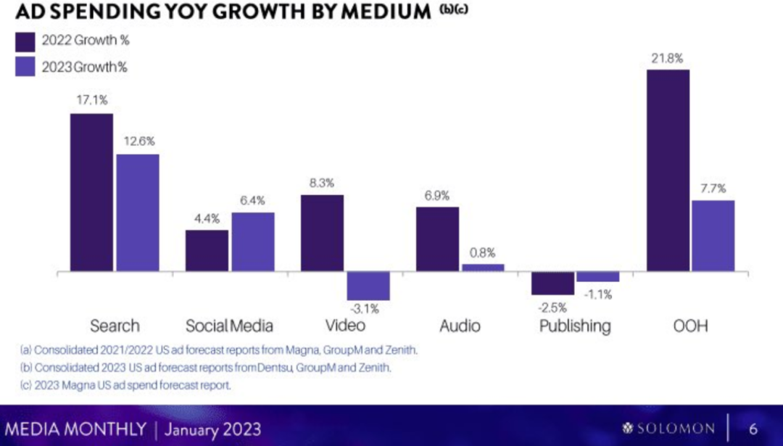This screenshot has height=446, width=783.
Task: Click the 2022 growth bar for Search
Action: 91,192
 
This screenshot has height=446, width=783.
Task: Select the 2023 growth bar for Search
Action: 138,212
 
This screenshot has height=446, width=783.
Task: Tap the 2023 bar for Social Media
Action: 253,242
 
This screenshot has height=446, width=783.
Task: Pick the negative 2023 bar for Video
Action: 368,286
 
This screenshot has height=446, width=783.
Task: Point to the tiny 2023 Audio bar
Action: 483,268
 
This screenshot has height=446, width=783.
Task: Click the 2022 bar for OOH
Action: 668,170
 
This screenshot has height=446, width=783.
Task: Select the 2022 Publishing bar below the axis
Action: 552,284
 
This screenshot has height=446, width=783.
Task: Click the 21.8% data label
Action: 667,58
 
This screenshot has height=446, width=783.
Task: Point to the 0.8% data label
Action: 483,253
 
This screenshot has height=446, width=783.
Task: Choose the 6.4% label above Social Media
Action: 253,201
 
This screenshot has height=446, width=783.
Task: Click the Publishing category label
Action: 575,326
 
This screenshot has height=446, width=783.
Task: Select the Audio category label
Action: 460,326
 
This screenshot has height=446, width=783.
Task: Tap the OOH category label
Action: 689,326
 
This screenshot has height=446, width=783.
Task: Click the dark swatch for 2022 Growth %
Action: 26,41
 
